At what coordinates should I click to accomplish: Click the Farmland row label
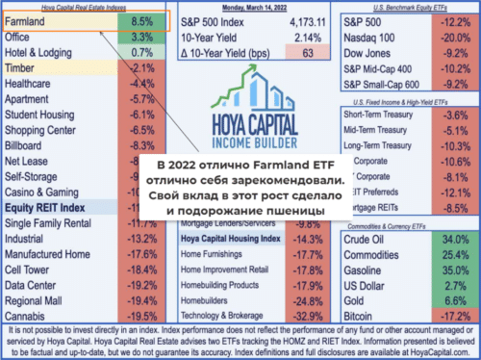pyautogui.click(x=28, y=19)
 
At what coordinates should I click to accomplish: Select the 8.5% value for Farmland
pyautogui.click(x=141, y=19)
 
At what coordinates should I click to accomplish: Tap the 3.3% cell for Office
pyautogui.click(x=141, y=36)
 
